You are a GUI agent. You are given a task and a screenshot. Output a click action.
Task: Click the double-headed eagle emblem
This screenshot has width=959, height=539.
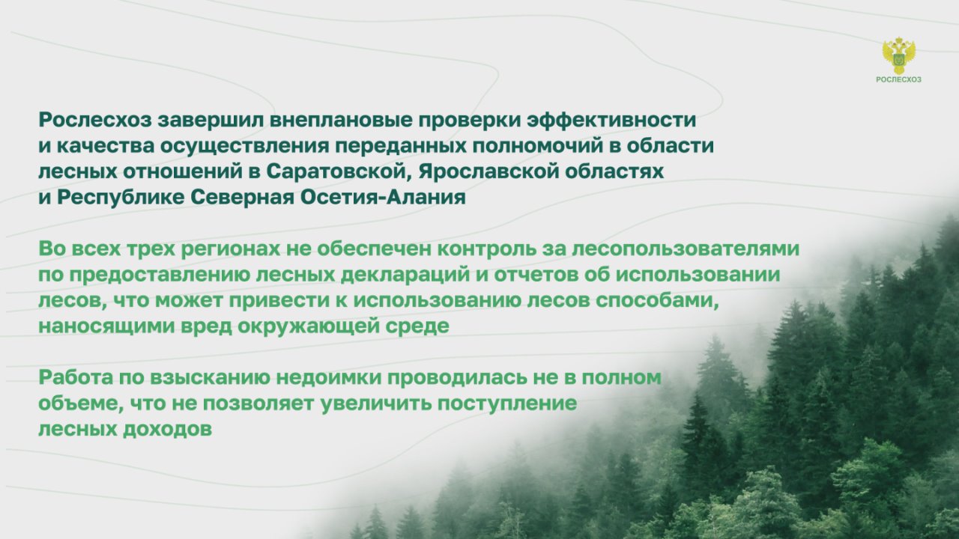(x=898, y=55)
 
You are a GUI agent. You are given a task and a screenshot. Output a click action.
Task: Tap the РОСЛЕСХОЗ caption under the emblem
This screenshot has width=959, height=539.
(x=898, y=79)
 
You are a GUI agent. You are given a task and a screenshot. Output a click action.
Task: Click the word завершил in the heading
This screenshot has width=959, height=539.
(x=211, y=121)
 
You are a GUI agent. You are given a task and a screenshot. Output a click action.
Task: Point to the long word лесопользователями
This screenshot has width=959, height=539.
(x=686, y=249)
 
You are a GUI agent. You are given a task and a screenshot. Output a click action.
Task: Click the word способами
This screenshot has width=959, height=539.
(x=657, y=300)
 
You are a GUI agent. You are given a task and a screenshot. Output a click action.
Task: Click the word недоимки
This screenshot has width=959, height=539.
(x=329, y=377)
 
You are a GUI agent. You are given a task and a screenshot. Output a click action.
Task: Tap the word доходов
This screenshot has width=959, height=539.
(x=167, y=430)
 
